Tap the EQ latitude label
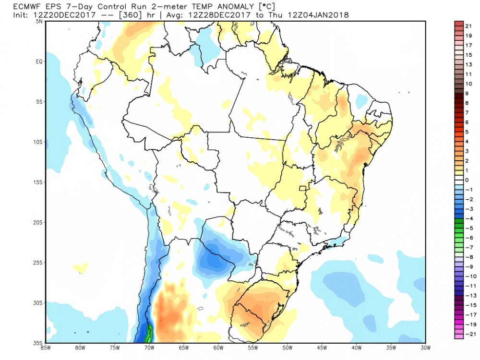point(40,61)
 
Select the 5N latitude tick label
point(40,21)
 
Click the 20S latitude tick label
point(38,223)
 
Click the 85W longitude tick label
point(47,348)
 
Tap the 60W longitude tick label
point(217,348)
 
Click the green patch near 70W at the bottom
point(149,331)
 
